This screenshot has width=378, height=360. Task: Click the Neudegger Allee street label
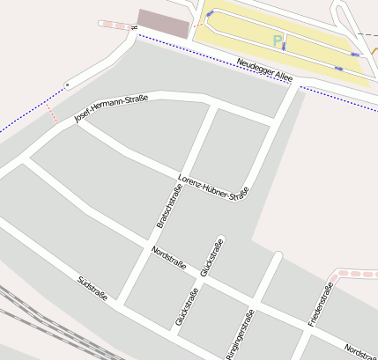click(x=265, y=70)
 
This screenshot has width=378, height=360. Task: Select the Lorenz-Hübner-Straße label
click(x=213, y=187)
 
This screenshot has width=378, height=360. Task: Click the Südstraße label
click(x=93, y=288)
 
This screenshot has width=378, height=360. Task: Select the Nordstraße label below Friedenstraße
click(x=360, y=350)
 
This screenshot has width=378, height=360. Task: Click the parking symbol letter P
click(x=278, y=40)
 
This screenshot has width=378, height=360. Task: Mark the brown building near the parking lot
click(x=164, y=23)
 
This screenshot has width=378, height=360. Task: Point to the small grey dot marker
click(x=66, y=84)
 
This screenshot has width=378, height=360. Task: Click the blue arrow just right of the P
click(x=284, y=46)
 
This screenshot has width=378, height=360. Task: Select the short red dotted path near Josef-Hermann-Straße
click(x=52, y=114)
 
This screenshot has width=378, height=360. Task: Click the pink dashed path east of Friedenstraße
click(x=357, y=274)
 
